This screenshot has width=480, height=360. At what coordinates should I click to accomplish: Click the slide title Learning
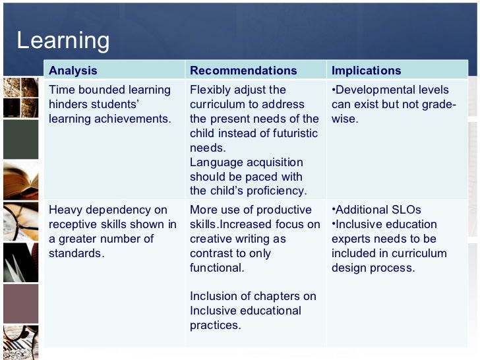63,41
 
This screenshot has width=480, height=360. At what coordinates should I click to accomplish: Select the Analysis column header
73,71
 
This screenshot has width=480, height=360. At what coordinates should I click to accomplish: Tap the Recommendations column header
243,71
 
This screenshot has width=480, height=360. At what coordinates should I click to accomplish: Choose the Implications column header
366,71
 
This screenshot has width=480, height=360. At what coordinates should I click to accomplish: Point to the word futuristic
291,133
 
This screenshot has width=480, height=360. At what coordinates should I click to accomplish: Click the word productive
284,210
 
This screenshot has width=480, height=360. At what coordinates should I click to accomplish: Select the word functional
216,268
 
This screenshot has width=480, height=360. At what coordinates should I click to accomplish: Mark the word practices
214,325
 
